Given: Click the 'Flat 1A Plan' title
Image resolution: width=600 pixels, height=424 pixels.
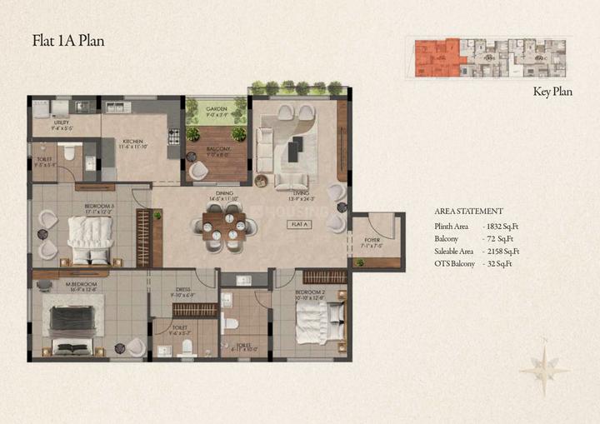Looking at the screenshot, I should click(x=67, y=39).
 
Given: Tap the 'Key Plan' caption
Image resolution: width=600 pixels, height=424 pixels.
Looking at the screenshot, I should click(x=552, y=92).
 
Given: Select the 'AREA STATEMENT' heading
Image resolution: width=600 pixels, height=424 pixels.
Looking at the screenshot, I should click(x=468, y=212).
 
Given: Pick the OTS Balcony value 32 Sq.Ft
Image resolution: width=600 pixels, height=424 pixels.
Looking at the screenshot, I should click(x=497, y=263).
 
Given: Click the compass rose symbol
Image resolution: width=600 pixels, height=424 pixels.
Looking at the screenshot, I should click(x=543, y=367).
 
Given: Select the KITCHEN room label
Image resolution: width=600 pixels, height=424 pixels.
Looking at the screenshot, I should click(x=133, y=142).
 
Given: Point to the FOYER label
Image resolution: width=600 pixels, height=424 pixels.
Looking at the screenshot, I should click(x=372, y=242).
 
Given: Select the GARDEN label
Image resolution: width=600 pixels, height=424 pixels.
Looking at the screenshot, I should click(x=217, y=108).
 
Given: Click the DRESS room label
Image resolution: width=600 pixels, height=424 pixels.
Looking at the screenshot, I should click(x=182, y=292).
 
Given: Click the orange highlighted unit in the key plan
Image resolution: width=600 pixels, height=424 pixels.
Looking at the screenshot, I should click(x=436, y=57).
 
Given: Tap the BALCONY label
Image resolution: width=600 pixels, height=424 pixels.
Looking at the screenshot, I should click(x=217, y=150).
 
